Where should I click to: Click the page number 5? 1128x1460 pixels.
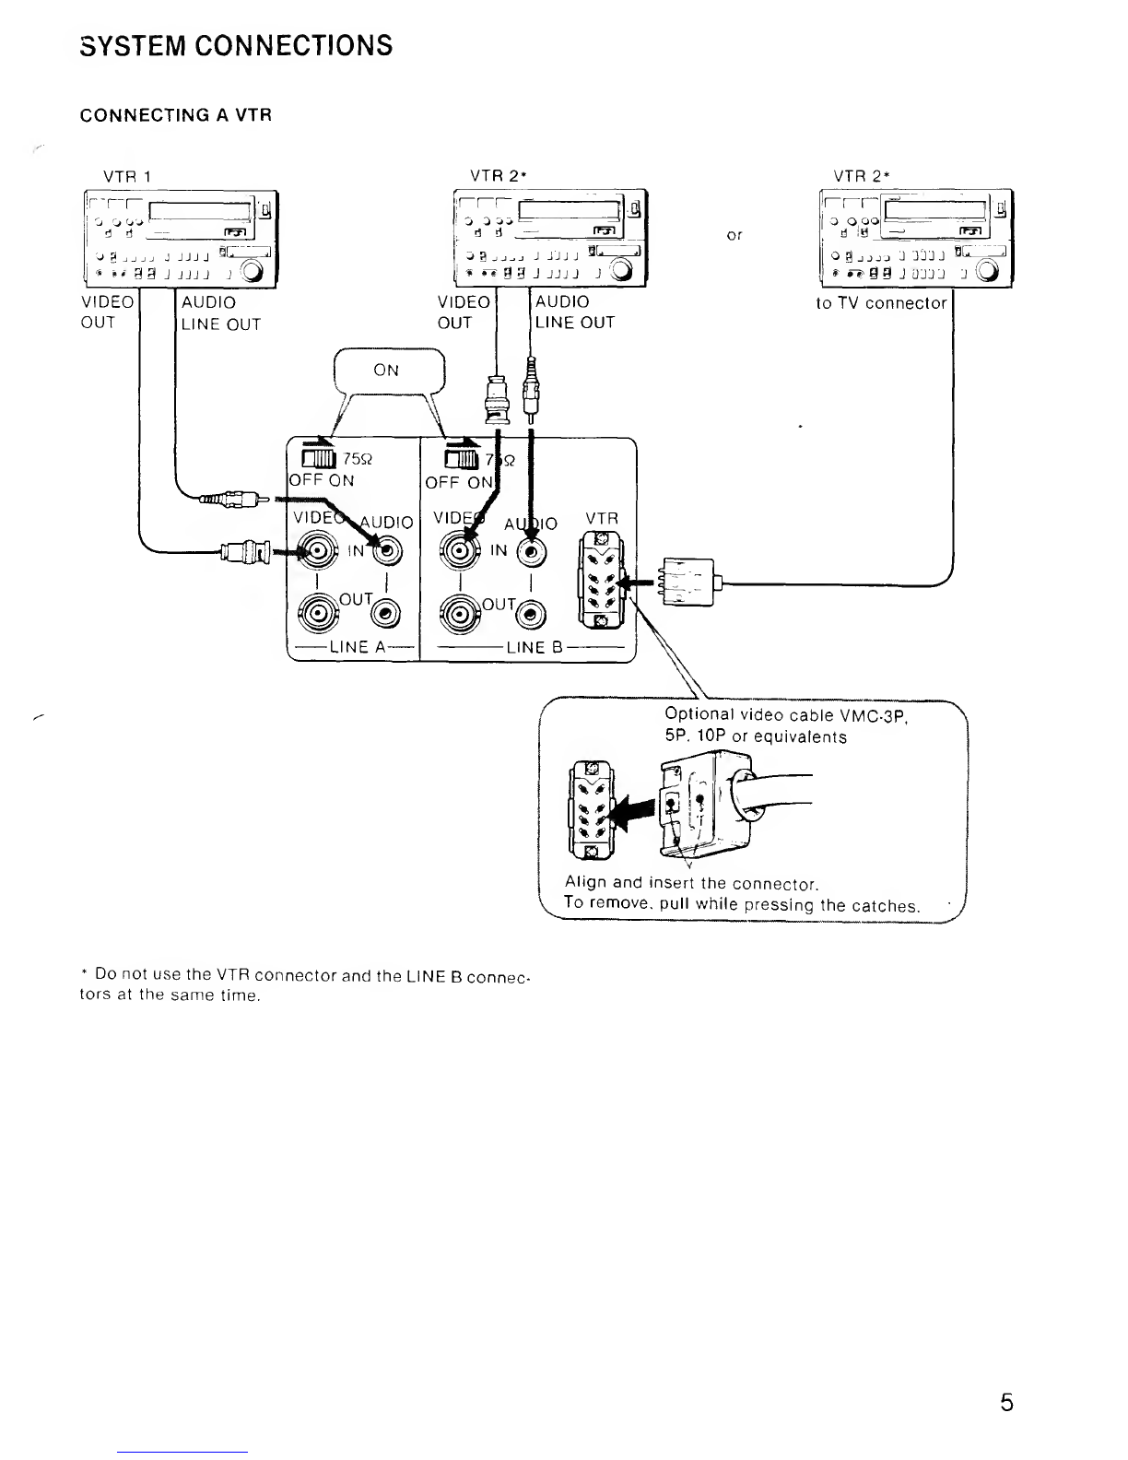pos(1006,1402)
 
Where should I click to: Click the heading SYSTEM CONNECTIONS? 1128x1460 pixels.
pos(236,46)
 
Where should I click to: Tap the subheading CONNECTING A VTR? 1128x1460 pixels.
pos(176,115)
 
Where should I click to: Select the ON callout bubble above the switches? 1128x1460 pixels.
pos(389,371)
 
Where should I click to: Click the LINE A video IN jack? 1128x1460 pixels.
pos(318,551)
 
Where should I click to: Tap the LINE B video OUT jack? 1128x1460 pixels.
pos(460,614)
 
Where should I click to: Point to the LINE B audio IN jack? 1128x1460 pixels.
pos(532,552)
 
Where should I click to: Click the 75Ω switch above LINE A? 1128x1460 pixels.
pos(319,458)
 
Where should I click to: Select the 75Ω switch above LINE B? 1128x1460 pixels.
pos(461,460)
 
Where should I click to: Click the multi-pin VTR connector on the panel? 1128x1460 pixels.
pos(601,581)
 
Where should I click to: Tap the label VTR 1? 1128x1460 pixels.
pos(127,177)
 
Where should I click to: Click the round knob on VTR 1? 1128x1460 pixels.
pos(252,271)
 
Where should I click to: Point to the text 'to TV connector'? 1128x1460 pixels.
pos(881,303)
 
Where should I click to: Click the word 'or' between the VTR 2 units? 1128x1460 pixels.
pos(734,235)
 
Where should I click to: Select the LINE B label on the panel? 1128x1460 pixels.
pos(535,648)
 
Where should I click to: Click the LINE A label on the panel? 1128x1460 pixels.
pos(358,647)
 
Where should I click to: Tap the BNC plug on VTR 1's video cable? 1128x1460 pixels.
pos(246,552)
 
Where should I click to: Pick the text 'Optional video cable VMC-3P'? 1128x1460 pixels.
pos(786,715)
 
